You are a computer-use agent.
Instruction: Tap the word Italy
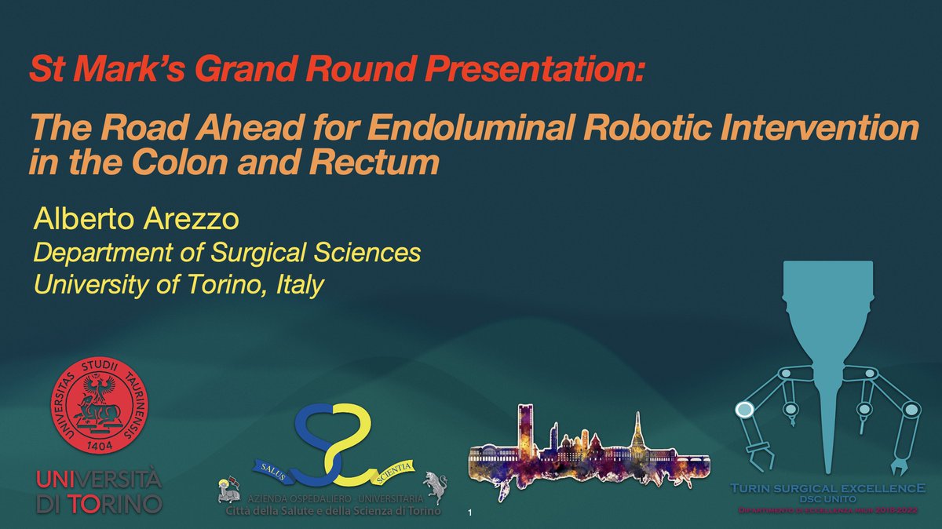[x=299, y=284]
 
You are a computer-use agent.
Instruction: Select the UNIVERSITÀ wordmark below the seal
[x=99, y=479]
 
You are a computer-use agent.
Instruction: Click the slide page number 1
[x=469, y=514]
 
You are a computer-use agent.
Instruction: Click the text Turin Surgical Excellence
[x=823, y=487]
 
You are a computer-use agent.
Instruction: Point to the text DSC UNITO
[x=823, y=499]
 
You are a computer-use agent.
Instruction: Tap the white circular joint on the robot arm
[x=743, y=408]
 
